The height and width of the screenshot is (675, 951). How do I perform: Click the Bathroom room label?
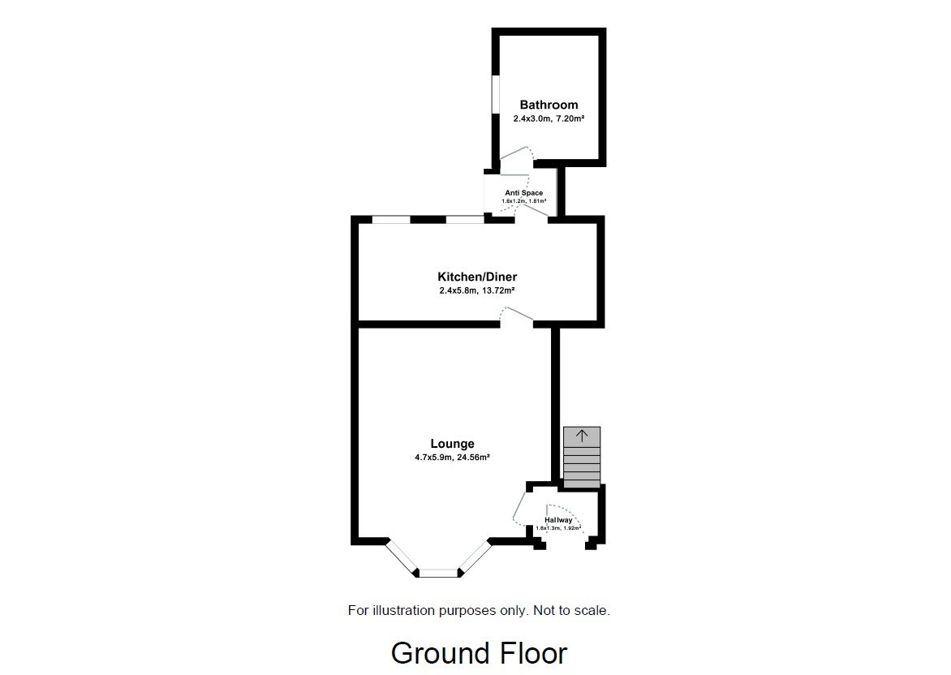pyautogui.click(x=549, y=105)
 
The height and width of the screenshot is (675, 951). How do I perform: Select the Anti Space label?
pyautogui.click(x=523, y=193)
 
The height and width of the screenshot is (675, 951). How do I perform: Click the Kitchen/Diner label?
pyautogui.click(x=477, y=277)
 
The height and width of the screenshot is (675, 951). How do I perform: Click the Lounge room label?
pyautogui.click(x=452, y=444)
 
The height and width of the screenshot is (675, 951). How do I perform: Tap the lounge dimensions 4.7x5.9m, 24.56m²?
pyautogui.click(x=452, y=457)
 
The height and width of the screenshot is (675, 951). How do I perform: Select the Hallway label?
pyautogui.click(x=558, y=520)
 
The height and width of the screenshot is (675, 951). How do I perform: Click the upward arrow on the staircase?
pyautogui.click(x=582, y=436)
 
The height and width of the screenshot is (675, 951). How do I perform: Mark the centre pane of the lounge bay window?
pyautogui.click(x=439, y=573)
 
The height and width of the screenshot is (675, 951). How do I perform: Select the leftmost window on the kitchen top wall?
pyautogui.click(x=390, y=219)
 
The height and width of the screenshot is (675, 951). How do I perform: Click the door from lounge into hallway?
pyautogui.click(x=519, y=506)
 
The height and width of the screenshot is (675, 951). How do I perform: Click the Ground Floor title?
pyautogui.click(x=479, y=653)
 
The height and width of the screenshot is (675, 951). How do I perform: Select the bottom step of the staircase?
pyautogui.click(x=582, y=482)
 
